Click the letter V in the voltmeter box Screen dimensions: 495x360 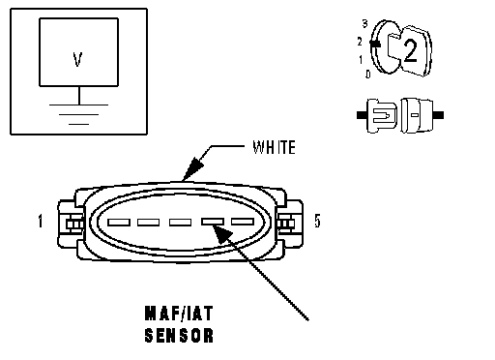[77, 59]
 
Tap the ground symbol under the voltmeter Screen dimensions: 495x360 [78, 114]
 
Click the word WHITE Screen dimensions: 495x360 [274, 147]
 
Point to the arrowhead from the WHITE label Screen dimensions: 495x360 [192, 169]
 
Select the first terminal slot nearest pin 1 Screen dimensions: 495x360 [119, 223]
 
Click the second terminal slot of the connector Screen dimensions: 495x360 [148, 223]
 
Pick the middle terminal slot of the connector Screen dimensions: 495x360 [180, 222]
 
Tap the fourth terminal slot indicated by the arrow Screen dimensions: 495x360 [213, 222]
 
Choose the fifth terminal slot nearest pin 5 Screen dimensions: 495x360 [243, 222]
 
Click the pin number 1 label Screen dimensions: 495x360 [41, 222]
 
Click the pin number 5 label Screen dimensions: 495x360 [317, 221]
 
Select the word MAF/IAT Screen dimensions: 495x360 [179, 314]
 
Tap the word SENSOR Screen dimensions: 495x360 [179, 335]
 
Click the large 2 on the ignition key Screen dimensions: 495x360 [410, 50]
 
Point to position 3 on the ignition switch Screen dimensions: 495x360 [364, 23]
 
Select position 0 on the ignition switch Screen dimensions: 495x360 [368, 75]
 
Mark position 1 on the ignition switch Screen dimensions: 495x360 [361, 60]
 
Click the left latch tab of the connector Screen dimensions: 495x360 [71, 224]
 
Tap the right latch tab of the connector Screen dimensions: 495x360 [289, 224]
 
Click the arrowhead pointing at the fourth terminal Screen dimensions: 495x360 [222, 234]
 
